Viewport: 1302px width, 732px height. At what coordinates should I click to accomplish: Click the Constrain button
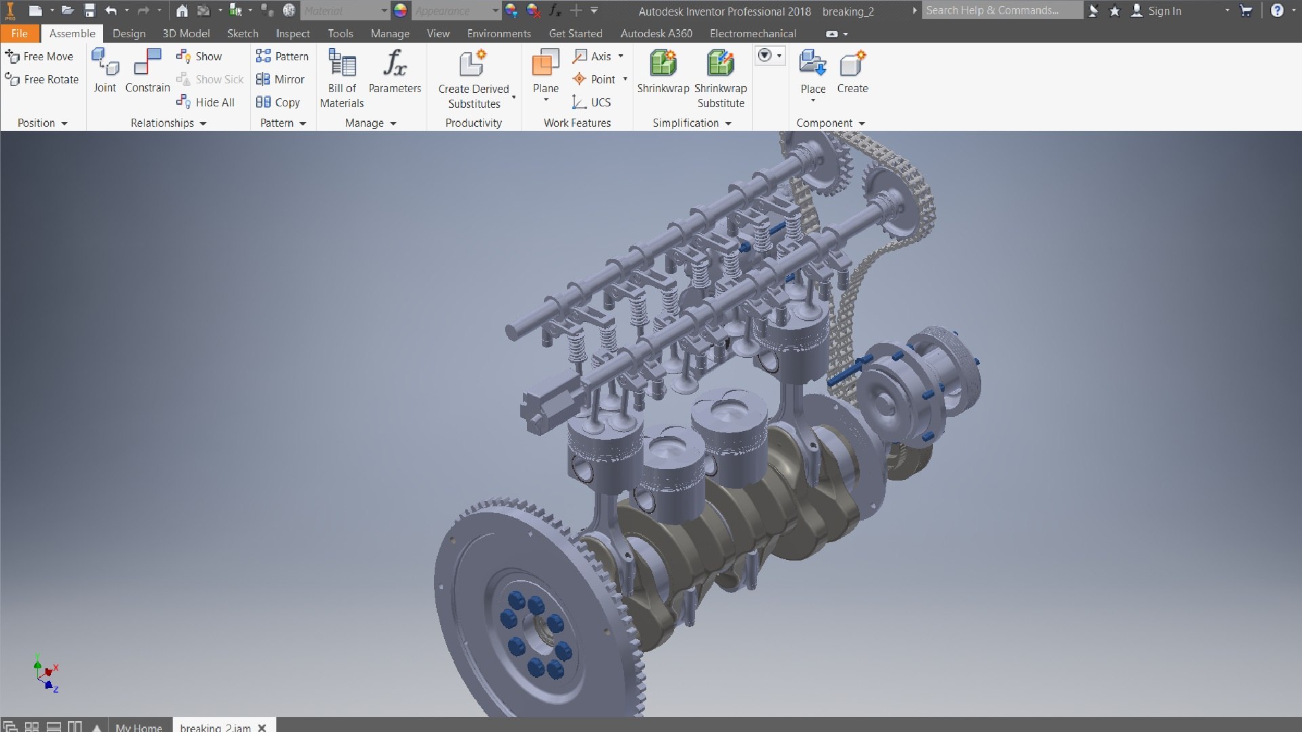click(x=147, y=71)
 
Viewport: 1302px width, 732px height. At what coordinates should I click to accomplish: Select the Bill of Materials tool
click(x=342, y=78)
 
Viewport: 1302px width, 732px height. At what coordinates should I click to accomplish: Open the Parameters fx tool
click(x=395, y=71)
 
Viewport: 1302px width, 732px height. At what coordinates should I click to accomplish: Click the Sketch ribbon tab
click(x=242, y=33)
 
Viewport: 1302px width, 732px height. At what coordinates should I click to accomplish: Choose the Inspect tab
click(x=292, y=33)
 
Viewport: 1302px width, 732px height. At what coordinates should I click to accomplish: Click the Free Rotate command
click(x=42, y=79)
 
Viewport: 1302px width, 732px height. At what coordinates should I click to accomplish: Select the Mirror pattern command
click(x=281, y=79)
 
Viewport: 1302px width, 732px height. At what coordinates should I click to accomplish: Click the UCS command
click(x=592, y=102)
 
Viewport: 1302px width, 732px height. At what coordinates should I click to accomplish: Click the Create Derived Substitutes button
click(x=473, y=78)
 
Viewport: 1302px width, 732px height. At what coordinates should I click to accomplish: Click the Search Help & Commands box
click(x=1002, y=10)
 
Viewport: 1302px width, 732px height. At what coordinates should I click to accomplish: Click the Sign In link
click(x=1164, y=11)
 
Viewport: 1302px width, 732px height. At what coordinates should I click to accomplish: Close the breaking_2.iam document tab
click(x=262, y=727)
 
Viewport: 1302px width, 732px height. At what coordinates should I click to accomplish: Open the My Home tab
click(x=138, y=727)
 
